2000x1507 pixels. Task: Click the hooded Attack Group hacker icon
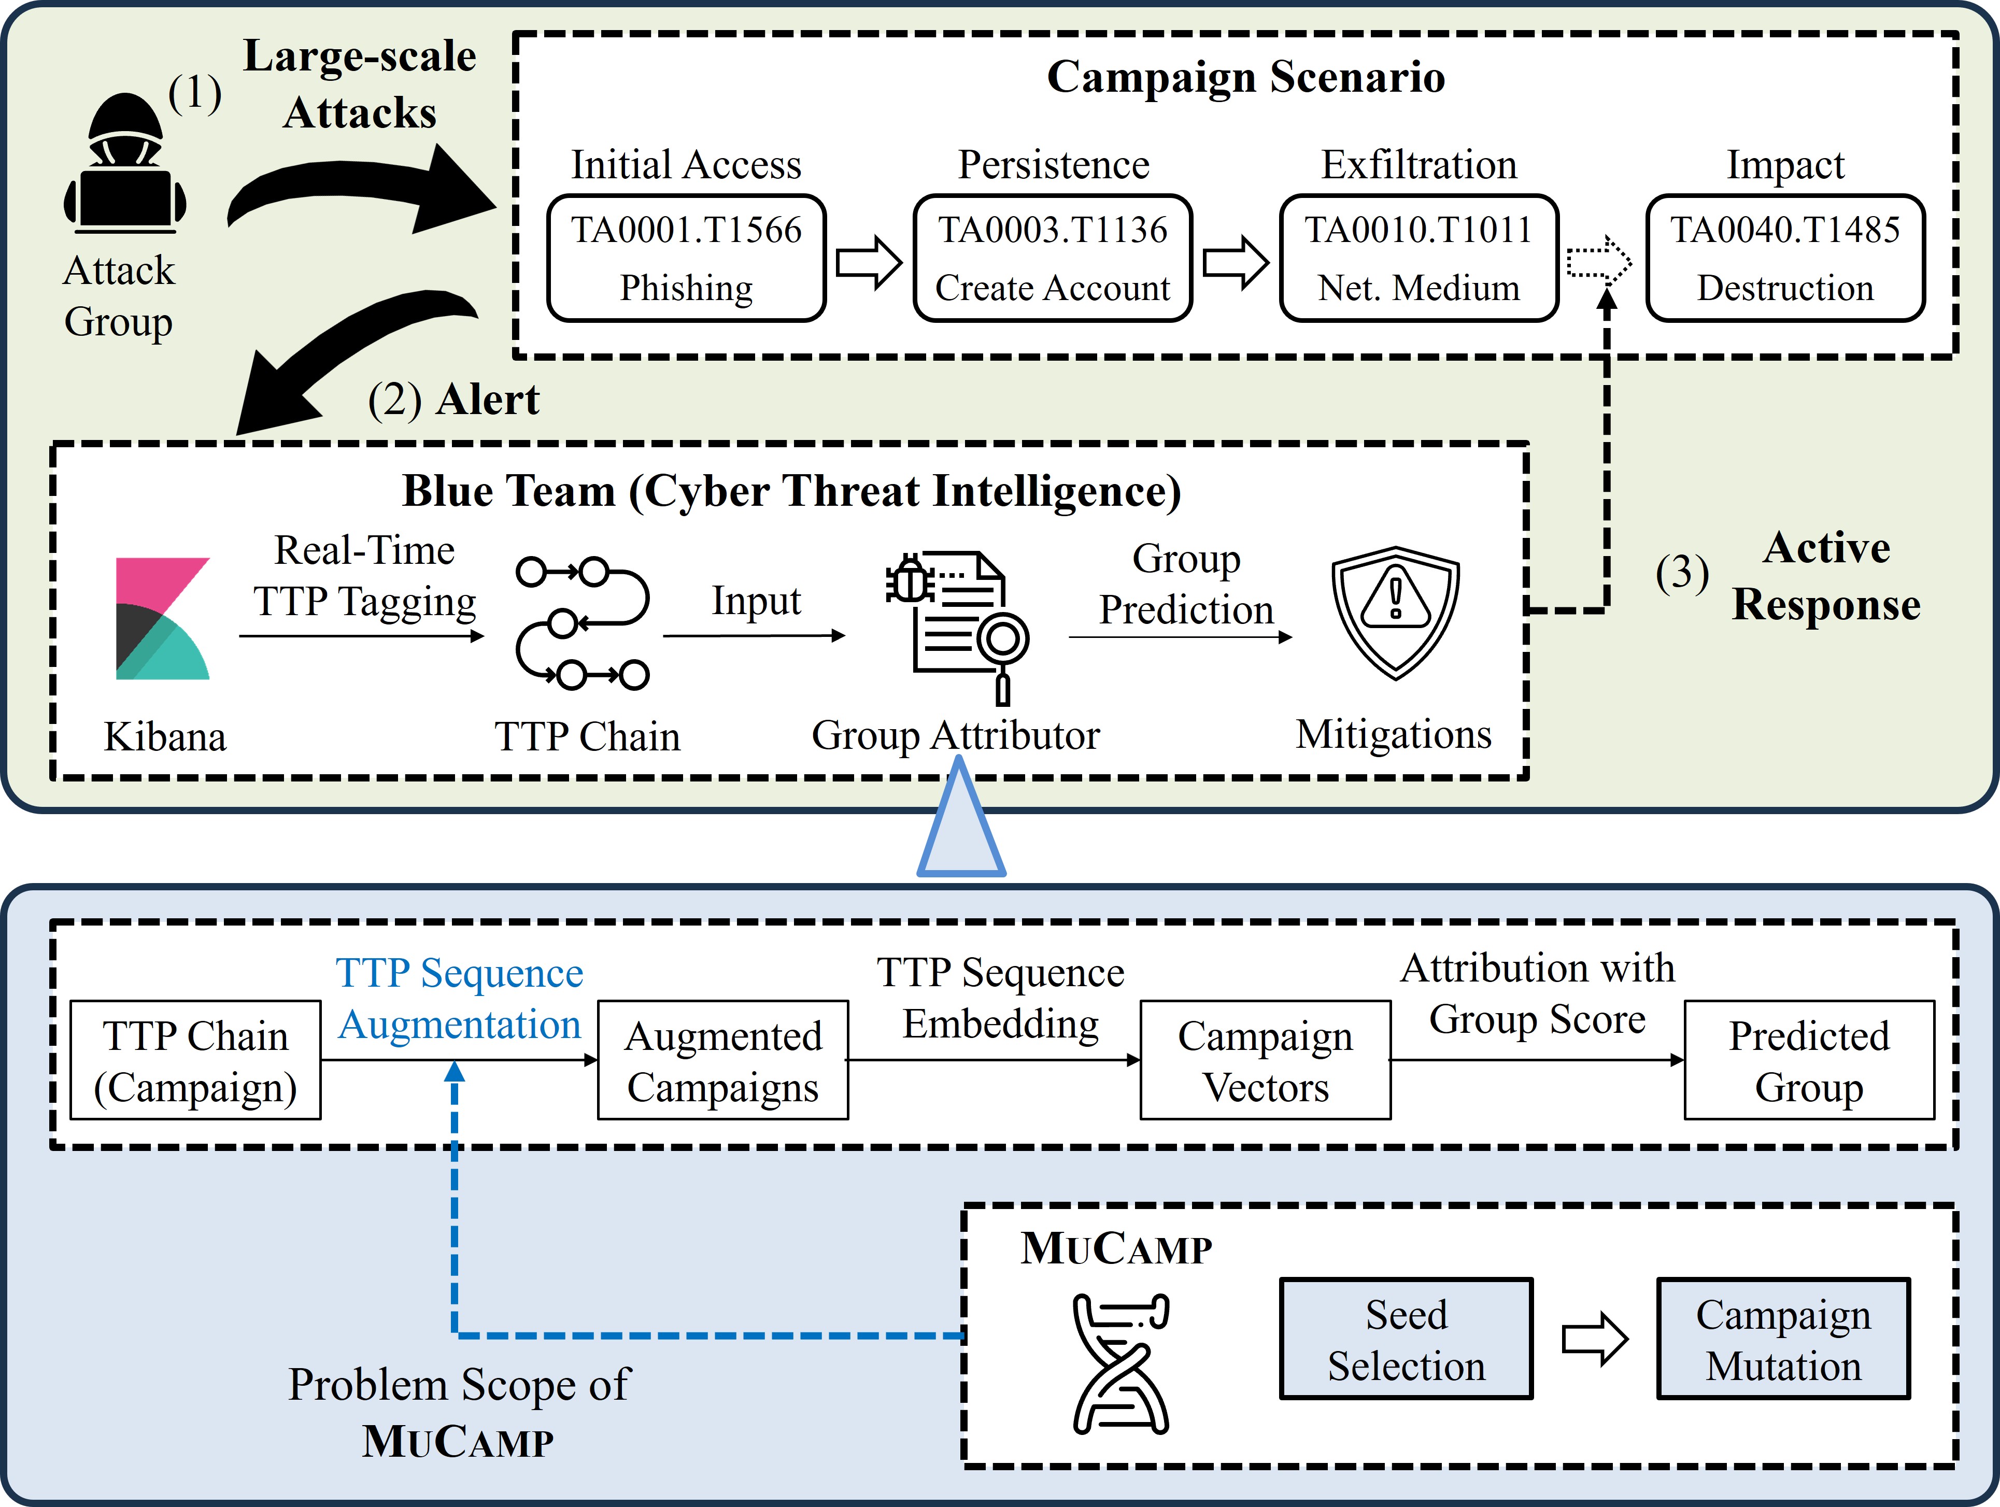click(x=125, y=163)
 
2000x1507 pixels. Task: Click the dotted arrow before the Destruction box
click(x=1598, y=262)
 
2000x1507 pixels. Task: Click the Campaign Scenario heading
click(x=1246, y=77)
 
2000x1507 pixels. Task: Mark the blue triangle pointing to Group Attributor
click(x=960, y=822)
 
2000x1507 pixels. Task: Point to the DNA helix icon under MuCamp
click(x=1121, y=1363)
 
